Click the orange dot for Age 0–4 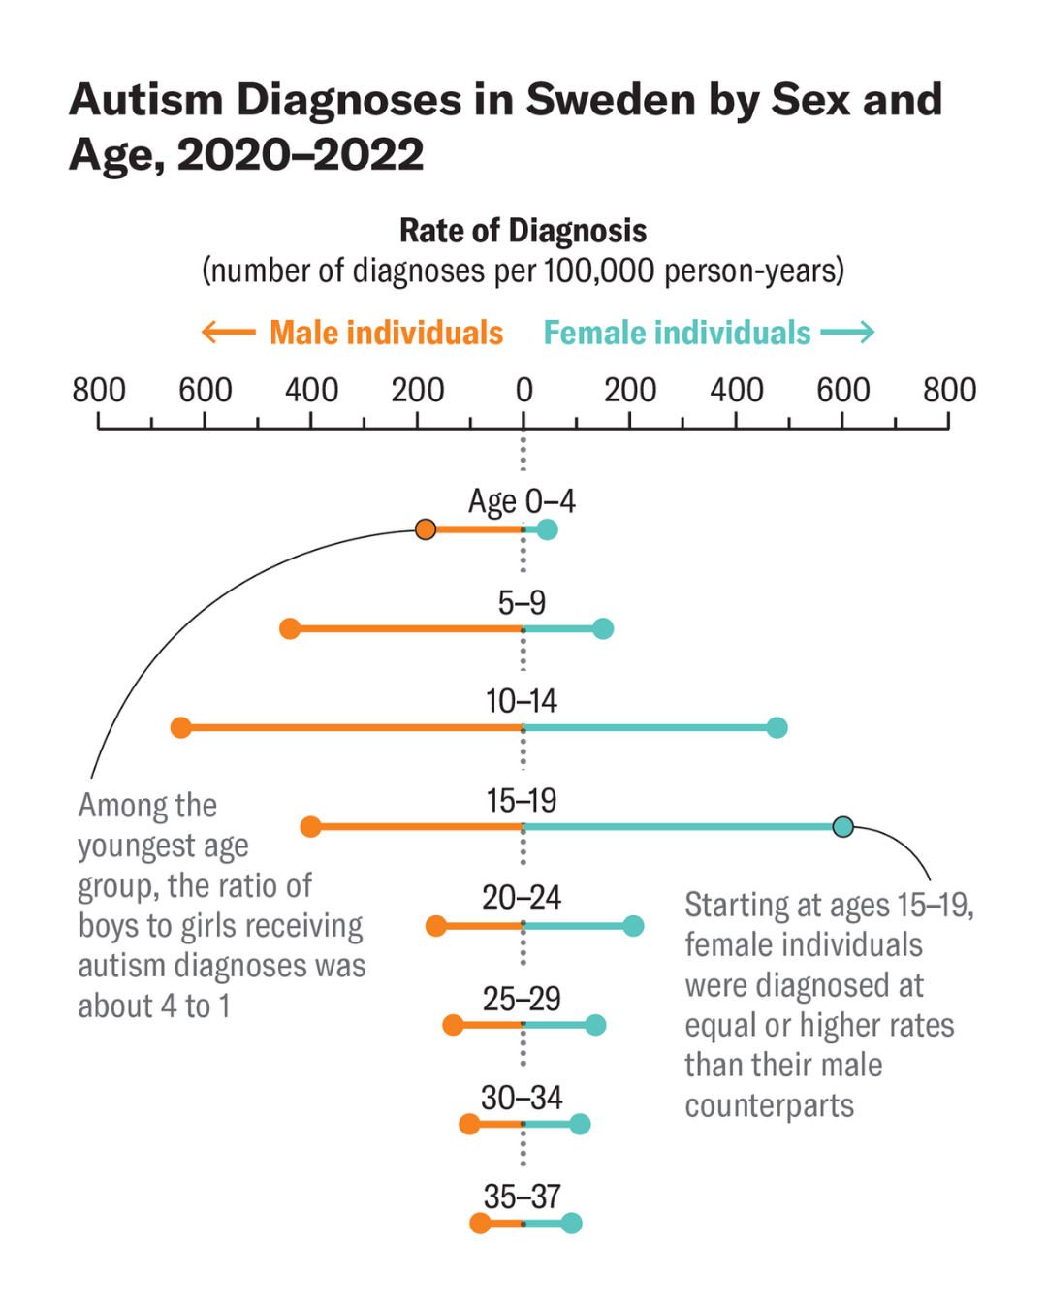pos(426,529)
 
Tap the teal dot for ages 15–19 pos(843,827)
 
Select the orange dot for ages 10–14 pos(181,728)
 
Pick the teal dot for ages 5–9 pos(603,629)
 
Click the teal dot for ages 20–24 pos(633,926)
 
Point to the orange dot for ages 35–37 pos(480,1224)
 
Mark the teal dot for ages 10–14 pos(777,728)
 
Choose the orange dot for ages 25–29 pos(453,1025)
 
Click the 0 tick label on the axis pos(523,391)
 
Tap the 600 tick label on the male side pos(205,391)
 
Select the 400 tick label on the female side pos(736,391)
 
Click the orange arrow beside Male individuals pos(228,333)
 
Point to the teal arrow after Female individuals pos(848,333)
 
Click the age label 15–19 pos(522,801)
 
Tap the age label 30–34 pos(522,1098)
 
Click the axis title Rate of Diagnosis pos(523,231)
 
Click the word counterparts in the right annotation pos(770,1105)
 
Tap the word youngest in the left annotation pos(163,846)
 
